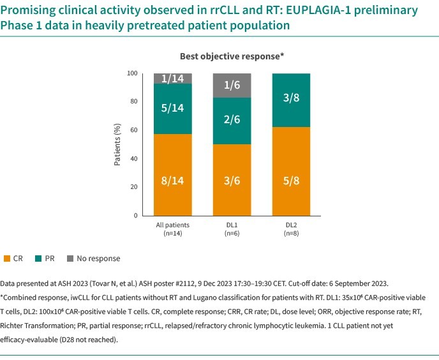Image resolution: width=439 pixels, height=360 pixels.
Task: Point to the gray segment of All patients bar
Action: pos(174,79)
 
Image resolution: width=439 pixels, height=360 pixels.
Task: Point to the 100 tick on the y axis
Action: pos(133,73)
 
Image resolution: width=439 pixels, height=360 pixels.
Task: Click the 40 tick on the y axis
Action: pos(134,158)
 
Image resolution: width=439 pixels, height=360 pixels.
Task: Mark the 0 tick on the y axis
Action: pos(136,216)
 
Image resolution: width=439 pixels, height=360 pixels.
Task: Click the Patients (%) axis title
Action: pos(118,145)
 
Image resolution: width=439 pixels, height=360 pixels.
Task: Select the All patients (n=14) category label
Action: pos(174,229)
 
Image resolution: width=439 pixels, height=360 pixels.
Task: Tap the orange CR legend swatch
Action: pos(6,259)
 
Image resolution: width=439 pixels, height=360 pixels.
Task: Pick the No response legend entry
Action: pos(98,259)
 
